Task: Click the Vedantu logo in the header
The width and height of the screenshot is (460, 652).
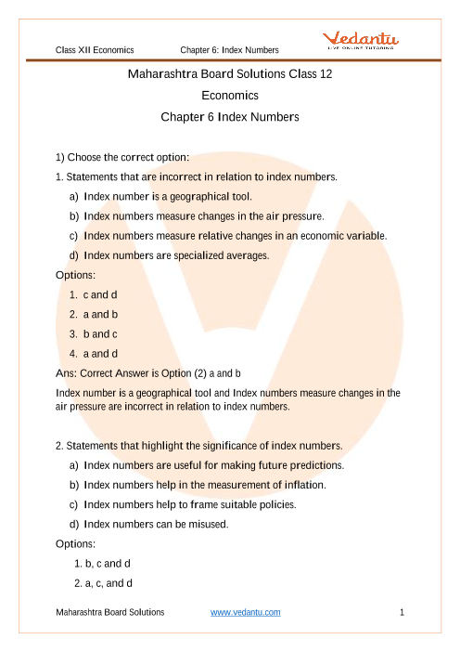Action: coord(361,40)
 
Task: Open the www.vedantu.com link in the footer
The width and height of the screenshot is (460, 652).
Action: coord(246,612)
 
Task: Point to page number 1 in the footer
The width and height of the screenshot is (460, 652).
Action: coord(402,612)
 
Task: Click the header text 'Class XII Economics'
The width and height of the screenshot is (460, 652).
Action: coord(95,50)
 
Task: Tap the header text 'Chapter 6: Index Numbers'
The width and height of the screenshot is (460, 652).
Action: coord(230,50)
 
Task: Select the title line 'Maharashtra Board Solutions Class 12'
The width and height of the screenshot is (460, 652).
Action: coord(230,73)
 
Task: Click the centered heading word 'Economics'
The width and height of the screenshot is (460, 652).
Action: coord(230,96)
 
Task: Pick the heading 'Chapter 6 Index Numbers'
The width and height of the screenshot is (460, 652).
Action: coord(230,117)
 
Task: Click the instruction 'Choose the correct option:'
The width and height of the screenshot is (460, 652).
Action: coord(128,157)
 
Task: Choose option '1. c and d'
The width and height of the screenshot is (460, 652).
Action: coord(94,294)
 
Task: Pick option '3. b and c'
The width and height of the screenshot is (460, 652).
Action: coord(94,334)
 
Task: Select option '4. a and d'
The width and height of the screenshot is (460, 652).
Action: coord(94,354)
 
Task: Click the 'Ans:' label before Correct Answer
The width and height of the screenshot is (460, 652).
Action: coord(67,373)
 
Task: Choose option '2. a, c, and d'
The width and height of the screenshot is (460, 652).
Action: coord(103,583)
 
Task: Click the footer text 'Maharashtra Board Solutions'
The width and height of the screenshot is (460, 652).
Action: coord(110,612)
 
